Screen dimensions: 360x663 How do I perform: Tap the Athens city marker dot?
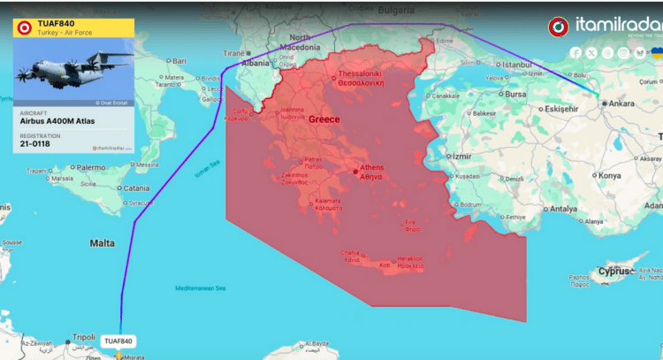point(355,171)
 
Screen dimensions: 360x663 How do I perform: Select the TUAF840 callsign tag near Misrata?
point(118,341)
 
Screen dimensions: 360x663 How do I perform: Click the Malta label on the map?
point(102,242)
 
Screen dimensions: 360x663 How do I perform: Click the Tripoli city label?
point(83,337)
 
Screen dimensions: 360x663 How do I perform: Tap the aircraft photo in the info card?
point(73,73)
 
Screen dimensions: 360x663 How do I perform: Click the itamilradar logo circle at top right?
point(559,27)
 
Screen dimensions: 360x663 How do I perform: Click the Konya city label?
point(610,175)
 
